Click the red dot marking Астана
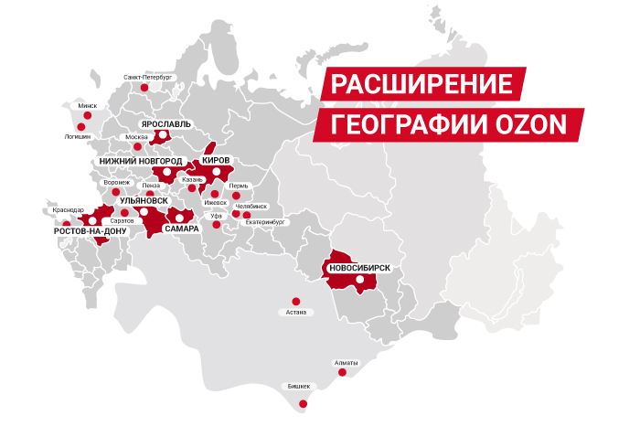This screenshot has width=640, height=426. tap(294, 301)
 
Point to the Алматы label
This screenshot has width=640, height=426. tap(347, 363)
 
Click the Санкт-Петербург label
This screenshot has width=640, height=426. tap(147, 78)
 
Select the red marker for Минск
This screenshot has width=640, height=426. tap(87, 116)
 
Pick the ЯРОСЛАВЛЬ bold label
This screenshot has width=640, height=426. tap(165, 122)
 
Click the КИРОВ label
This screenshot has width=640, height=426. tap(215, 160)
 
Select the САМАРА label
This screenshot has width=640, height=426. tap(182, 229)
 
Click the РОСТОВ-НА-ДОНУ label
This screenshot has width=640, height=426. tap(90, 232)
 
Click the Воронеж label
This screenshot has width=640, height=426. tap(117, 182)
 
